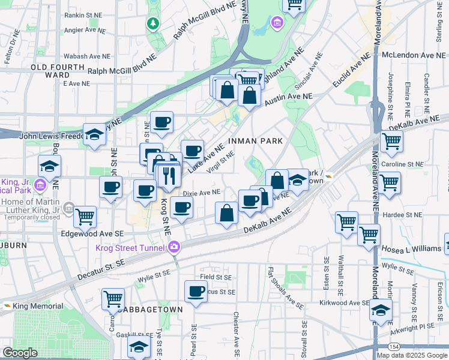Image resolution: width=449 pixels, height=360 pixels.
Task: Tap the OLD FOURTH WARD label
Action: click(58, 71)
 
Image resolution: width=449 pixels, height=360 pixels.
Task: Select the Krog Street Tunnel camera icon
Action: click(174, 247)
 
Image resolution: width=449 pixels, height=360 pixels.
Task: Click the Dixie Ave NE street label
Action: click(202, 193)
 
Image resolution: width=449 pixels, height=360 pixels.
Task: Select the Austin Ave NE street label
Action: click(288, 97)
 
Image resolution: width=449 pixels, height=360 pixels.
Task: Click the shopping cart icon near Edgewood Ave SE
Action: click(85, 217)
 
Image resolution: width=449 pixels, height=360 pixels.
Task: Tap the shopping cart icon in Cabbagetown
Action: click(113, 298)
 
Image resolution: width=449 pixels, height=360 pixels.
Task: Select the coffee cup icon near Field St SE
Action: click(196, 292)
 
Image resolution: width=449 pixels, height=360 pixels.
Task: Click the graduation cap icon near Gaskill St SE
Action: click(139, 347)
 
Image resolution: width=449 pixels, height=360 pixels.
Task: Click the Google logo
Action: click(20, 353)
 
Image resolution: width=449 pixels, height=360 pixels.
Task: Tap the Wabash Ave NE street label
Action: click(88, 56)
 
